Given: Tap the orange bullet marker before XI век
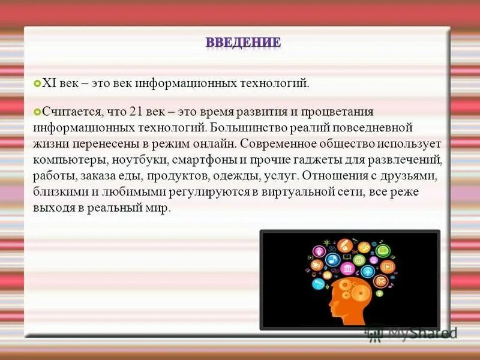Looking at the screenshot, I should point(37,83).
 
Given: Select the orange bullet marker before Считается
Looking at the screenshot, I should point(37,112).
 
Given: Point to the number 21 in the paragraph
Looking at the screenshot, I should point(143,112).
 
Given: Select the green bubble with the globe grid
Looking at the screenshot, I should point(359,260).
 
